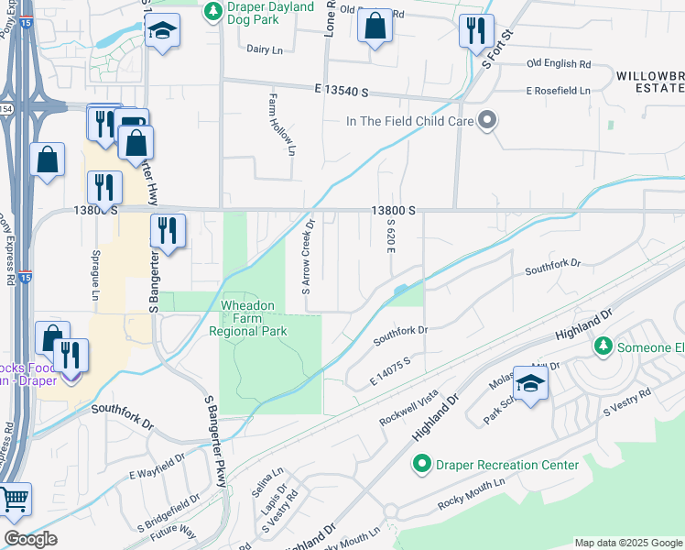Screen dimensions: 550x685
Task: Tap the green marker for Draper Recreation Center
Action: (421, 465)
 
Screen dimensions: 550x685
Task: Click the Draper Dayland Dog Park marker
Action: (212, 12)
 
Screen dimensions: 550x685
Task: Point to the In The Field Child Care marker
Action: (487, 120)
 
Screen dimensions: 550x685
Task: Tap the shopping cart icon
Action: (14, 500)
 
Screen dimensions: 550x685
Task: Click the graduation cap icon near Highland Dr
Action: (530, 382)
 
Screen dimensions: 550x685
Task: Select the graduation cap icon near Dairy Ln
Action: (162, 30)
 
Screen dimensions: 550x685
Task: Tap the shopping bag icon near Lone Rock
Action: (375, 25)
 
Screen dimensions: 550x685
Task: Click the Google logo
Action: (30, 539)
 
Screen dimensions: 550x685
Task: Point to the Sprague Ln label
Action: (94, 273)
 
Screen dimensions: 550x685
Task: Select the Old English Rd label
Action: (559, 64)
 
